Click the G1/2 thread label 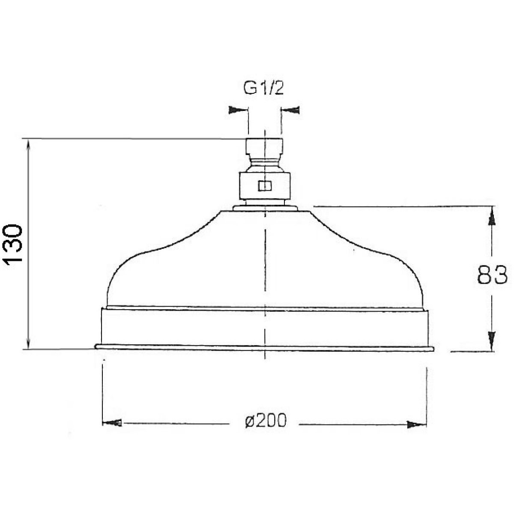(x=263, y=89)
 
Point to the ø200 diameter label (x=266, y=421)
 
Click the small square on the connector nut (x=264, y=185)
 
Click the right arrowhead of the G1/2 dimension (x=290, y=110)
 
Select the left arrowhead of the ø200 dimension (x=112, y=423)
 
